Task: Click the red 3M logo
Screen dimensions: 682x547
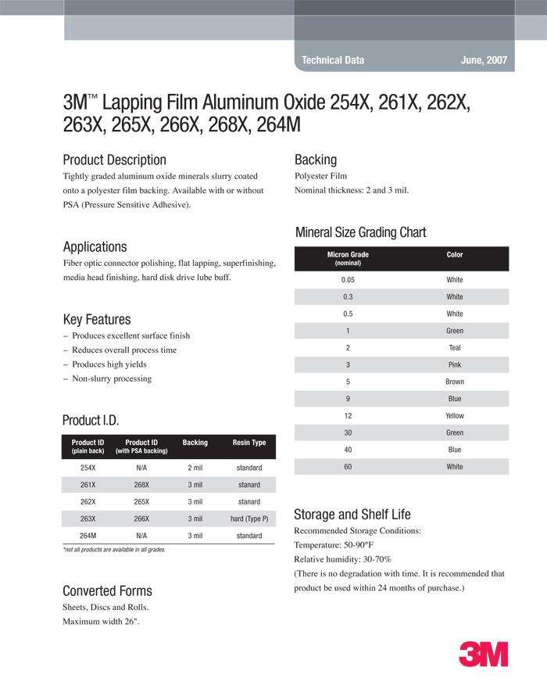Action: pos(483,654)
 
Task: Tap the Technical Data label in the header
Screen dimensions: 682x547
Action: pos(333,60)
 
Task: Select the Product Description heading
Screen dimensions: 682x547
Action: pos(114,160)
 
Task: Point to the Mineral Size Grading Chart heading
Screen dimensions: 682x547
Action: pos(360,232)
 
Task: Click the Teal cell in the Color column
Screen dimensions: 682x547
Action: pos(455,348)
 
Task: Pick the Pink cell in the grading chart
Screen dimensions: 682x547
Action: pos(455,365)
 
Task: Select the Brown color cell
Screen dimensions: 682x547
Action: pos(455,382)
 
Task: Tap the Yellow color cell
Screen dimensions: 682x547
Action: pos(455,416)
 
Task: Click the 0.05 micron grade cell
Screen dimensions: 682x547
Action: pos(348,280)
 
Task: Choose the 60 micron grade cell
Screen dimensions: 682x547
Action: pos(348,467)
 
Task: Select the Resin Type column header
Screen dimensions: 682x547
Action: pos(249,443)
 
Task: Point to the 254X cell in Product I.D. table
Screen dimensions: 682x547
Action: pos(88,468)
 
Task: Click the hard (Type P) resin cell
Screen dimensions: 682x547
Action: pos(249,519)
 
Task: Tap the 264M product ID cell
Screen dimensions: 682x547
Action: pos(88,536)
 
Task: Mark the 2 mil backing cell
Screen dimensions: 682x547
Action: pos(195,468)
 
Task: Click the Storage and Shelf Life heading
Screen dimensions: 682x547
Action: pos(352,515)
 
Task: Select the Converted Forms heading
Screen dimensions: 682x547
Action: pos(107,590)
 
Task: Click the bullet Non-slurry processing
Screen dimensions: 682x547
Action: pos(111,379)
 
